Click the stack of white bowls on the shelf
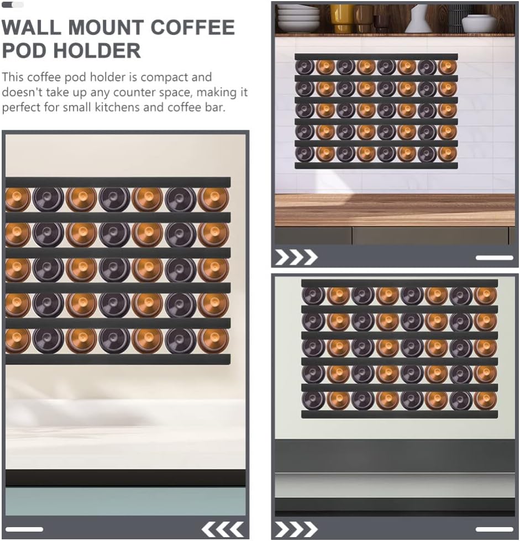[298, 18]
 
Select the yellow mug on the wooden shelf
[342, 18]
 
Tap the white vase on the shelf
[418, 19]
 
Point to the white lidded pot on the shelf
[479, 23]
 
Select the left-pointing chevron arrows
[223, 529]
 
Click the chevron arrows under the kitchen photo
[296, 257]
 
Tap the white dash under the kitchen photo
[494, 258]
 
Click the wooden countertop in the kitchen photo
[396, 210]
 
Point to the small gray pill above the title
[13, 4]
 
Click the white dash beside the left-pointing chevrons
[24, 529]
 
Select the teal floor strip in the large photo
[125, 501]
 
